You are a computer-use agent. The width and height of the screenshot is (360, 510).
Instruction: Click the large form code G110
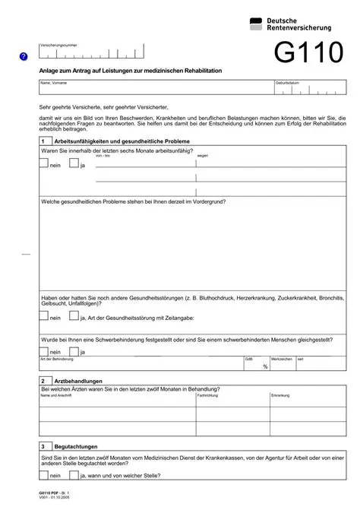[308, 52]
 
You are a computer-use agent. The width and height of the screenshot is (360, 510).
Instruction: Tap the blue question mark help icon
[24, 56]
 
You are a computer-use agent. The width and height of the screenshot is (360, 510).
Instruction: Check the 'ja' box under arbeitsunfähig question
[74, 163]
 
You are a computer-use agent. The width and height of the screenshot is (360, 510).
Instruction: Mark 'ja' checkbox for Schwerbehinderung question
[74, 350]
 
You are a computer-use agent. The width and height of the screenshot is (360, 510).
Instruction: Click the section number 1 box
[44, 141]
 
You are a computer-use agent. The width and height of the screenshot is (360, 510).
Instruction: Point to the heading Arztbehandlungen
[78, 381]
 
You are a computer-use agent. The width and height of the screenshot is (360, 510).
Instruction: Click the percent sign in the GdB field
[265, 366]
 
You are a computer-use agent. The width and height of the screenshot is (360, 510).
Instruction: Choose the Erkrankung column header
[280, 395]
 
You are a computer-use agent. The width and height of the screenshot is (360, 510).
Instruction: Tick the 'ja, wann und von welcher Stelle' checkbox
[74, 475]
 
